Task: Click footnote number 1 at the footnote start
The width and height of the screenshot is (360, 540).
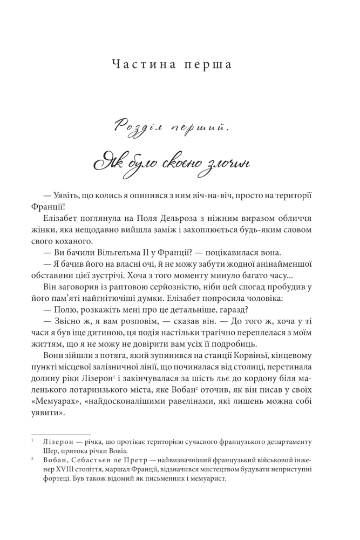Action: click(x=32, y=442)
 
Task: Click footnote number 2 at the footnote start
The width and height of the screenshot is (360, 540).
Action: click(x=32, y=461)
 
